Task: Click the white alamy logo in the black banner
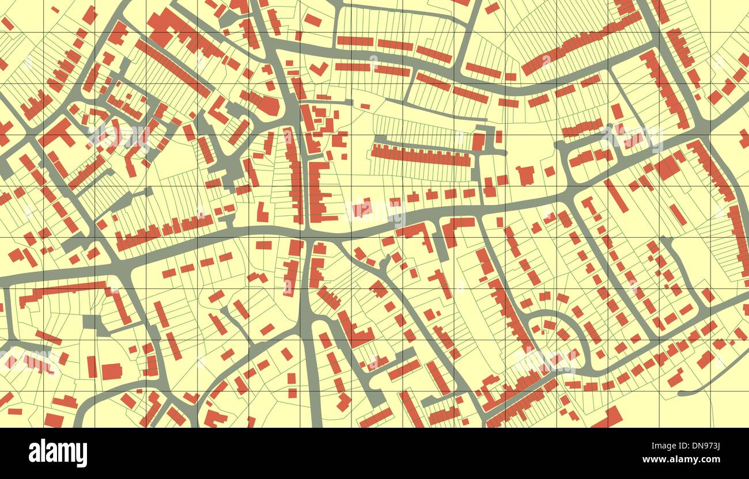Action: click(58, 453)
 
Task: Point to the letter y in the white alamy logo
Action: click(82, 455)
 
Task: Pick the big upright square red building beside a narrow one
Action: click(111, 371)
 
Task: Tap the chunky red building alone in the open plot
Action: click(525, 175)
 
